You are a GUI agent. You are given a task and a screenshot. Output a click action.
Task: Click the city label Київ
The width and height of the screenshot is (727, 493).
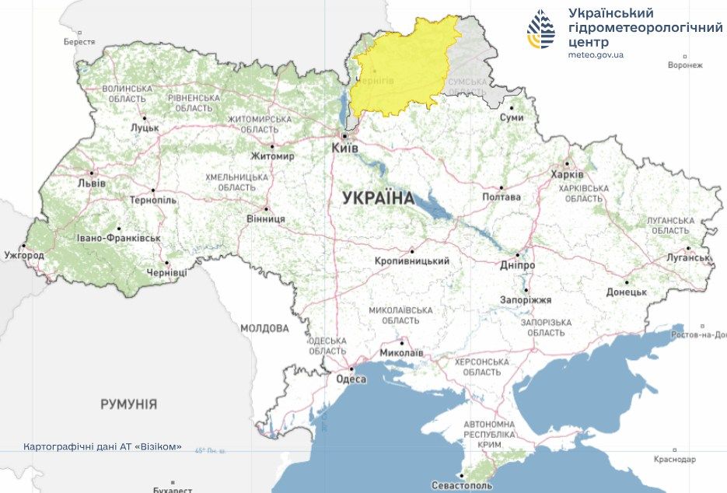pos(344,147)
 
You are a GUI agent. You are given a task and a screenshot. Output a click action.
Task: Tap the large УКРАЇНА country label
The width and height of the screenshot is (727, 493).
pos(379,198)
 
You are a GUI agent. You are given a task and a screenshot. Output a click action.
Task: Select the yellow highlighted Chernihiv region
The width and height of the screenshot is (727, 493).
pos(400,70)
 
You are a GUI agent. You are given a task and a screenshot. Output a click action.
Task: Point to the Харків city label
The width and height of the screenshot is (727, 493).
pos(566,174)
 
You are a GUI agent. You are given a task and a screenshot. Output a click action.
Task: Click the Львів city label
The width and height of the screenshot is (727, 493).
pos(92,183)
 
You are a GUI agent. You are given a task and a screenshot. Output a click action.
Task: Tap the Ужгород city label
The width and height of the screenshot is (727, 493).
pos(24,254)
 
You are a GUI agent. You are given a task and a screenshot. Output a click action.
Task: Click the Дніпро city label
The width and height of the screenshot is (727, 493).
pos(517,265)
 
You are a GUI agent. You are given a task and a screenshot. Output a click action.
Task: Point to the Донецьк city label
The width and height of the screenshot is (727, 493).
pos(627,292)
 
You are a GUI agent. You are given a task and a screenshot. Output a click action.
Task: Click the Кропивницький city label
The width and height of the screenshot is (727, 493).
pos(411,261)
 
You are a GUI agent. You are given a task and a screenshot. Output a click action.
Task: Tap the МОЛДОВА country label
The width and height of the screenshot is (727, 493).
pos(264,328)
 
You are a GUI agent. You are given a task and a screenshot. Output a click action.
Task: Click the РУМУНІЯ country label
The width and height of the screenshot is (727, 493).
pos(128,404)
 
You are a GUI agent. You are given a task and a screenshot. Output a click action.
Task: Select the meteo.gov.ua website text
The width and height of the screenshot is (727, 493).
pos(596,54)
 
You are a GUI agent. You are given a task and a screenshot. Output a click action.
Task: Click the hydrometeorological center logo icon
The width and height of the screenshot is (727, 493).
pos(542,30)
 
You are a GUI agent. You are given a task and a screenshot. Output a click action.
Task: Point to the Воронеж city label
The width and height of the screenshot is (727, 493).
pos(684,65)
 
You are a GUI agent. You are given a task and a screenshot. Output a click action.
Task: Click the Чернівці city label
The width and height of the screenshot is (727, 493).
pos(166,273)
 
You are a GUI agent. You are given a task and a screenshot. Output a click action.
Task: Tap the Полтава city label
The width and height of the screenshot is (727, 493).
pos(501,197)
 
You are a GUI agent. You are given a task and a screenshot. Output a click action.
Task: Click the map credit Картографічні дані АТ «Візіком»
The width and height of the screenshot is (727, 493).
pos(103,447)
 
